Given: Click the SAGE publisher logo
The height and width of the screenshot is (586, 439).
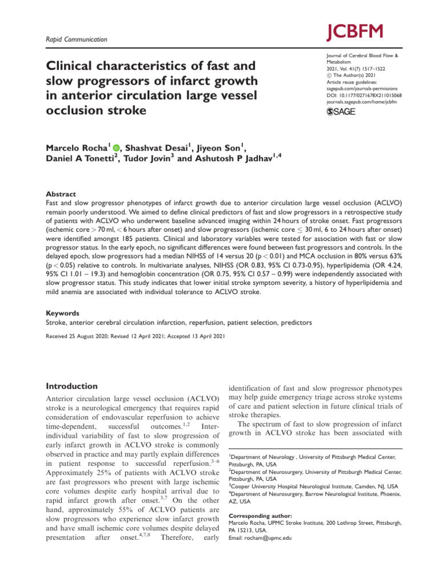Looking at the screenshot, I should (x=340, y=112).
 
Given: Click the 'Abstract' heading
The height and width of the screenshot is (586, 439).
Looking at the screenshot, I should (x=60, y=195).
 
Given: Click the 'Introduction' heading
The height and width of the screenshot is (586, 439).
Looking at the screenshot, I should (x=71, y=386).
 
